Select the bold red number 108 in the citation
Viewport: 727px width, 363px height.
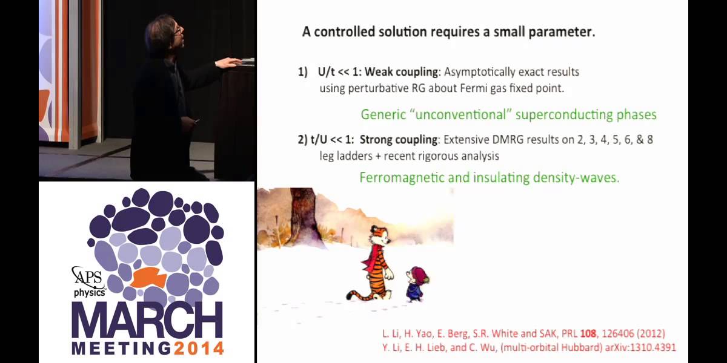[x=589, y=333]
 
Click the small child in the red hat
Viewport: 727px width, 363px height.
[x=416, y=283]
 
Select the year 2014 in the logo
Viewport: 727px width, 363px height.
[x=199, y=348]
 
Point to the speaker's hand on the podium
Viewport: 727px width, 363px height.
[x=229, y=62]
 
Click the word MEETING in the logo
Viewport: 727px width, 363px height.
[x=121, y=348]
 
